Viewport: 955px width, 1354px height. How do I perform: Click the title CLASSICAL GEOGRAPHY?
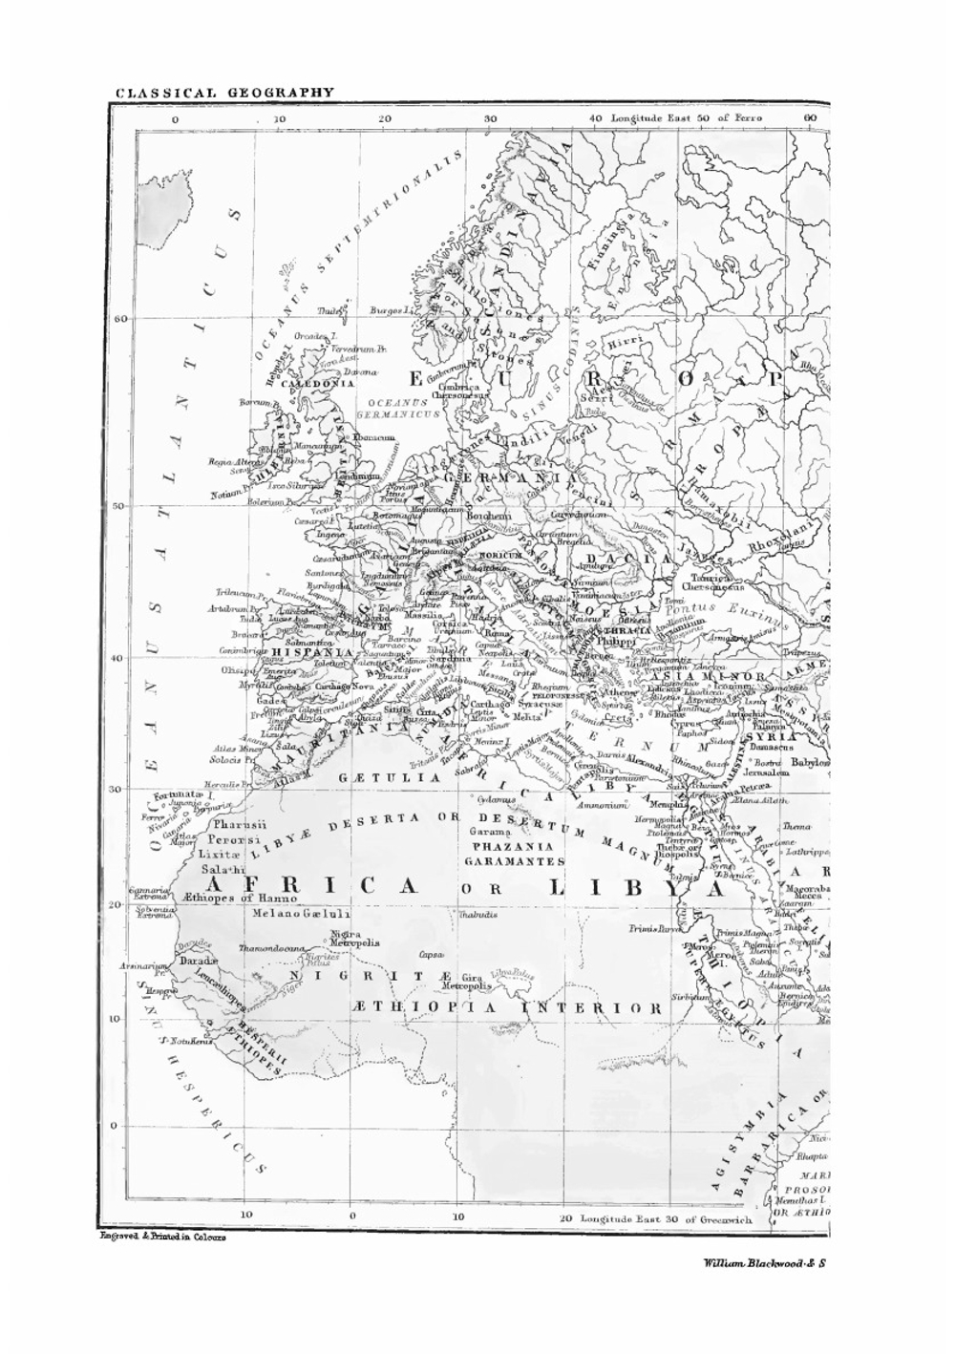(225, 93)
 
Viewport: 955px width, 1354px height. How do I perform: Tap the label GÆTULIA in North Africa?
(389, 778)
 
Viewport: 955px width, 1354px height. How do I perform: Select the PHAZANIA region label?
(507, 846)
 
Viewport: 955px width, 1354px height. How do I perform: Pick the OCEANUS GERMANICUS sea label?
(398, 410)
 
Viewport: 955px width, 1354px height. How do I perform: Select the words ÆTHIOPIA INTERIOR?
(506, 1008)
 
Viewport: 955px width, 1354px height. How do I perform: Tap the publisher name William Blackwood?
(763, 1262)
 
